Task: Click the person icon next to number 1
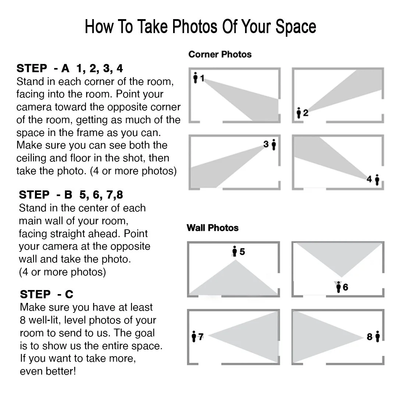tap(195, 78)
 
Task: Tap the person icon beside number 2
tap(299, 113)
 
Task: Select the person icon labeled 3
tap(274, 144)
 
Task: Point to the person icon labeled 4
tap(377, 180)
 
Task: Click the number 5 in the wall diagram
tap(242, 252)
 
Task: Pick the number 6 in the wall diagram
tap(345, 287)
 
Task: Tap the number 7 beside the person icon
tap(201, 337)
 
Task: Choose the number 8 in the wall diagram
tap(370, 337)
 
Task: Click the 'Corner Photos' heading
tap(220, 54)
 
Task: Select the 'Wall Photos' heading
tap(213, 228)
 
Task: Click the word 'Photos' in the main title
tap(195, 26)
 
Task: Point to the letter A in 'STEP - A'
tap(65, 68)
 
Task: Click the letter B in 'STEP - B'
tap(68, 195)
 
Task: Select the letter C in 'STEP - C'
tap(69, 294)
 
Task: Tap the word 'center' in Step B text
tap(97, 208)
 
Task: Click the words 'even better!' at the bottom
tap(48, 371)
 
